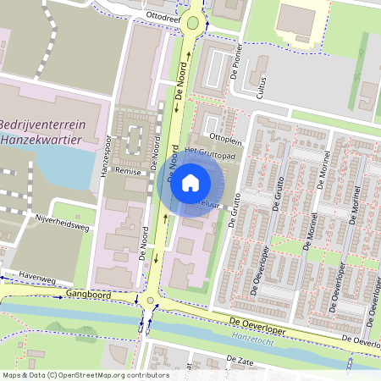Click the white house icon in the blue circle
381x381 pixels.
coord(190,182)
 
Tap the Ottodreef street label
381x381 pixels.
coord(164,15)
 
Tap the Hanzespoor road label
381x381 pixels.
coord(106,158)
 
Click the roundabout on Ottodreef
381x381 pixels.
coord(194,22)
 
